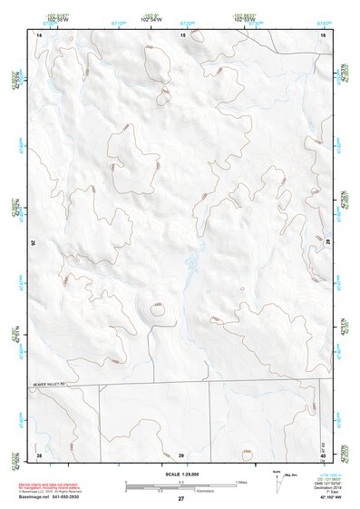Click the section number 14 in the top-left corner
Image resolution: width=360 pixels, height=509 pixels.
pyautogui.click(x=39, y=34)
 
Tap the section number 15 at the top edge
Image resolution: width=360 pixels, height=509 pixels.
pyautogui.click(x=182, y=34)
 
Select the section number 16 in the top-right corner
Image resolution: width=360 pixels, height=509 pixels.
pyautogui.click(x=323, y=34)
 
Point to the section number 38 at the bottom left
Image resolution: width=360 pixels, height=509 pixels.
pyautogui.click(x=39, y=454)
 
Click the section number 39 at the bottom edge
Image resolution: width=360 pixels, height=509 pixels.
pyautogui.click(x=180, y=454)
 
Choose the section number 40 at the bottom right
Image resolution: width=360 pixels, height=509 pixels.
pyautogui.click(x=323, y=454)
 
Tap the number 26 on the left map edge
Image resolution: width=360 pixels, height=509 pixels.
pyautogui.click(x=34, y=242)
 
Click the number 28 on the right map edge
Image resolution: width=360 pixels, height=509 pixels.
pyautogui.click(x=328, y=242)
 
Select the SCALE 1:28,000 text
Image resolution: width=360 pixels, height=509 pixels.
pyautogui.click(x=180, y=474)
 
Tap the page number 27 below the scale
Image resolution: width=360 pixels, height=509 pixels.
pyautogui.click(x=180, y=500)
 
